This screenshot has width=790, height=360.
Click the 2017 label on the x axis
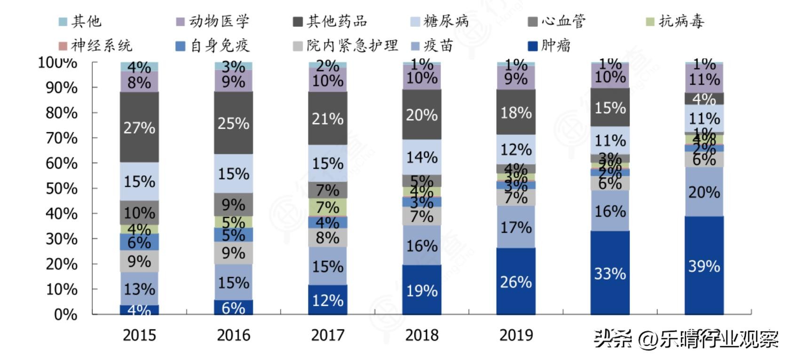[328, 335]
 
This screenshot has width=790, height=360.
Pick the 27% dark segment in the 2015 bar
[139, 127]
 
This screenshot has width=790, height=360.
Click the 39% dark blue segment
[704, 266]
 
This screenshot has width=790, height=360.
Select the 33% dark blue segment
[610, 273]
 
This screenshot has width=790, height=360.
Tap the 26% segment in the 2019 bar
[516, 282]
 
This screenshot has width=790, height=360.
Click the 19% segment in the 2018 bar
[422, 290]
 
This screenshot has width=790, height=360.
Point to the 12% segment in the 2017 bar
[328, 300]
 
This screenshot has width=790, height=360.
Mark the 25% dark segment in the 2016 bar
[234, 123]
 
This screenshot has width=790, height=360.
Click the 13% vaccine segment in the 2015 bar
[139, 289]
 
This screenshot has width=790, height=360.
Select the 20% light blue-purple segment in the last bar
[704, 192]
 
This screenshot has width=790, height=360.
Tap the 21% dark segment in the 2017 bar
[328, 118]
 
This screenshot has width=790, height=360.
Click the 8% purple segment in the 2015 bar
[139, 82]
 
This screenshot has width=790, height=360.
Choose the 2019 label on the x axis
[516, 335]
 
